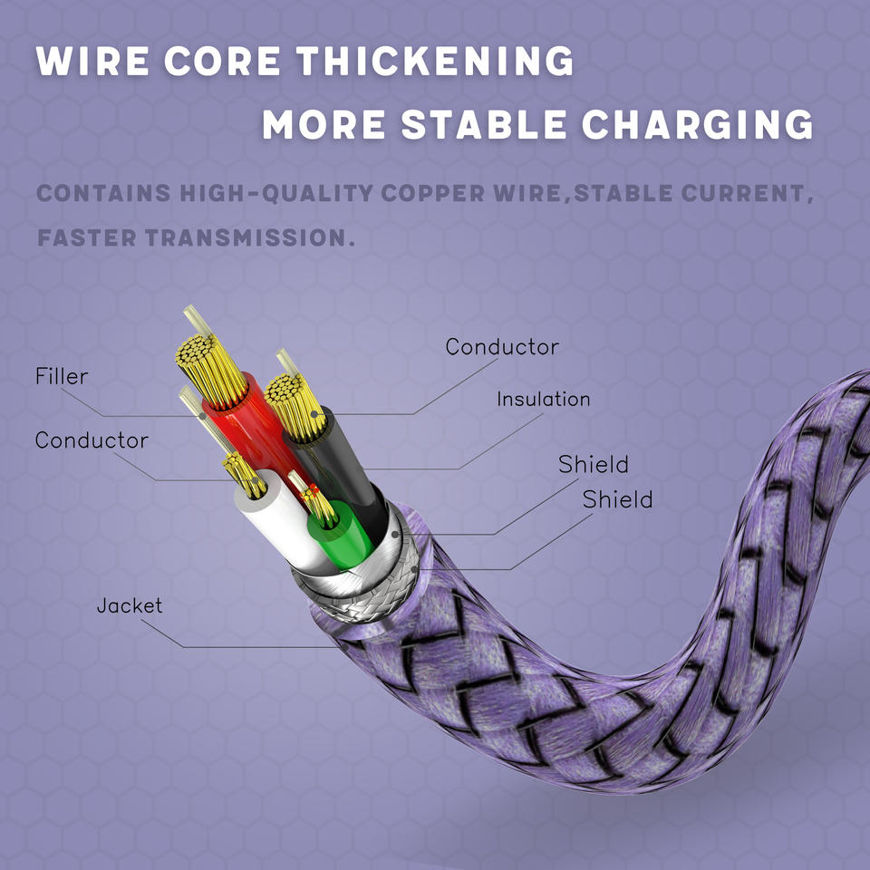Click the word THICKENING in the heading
[x=436, y=62]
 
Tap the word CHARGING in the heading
[x=697, y=125]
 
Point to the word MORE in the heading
[x=324, y=125]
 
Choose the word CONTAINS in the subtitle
[x=103, y=193]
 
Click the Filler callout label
[x=62, y=376]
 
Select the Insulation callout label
[x=543, y=399]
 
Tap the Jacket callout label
[x=130, y=605]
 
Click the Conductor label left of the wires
[x=92, y=440]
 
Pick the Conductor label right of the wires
[x=502, y=347]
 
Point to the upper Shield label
[x=593, y=465]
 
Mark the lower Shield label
[x=617, y=499]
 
